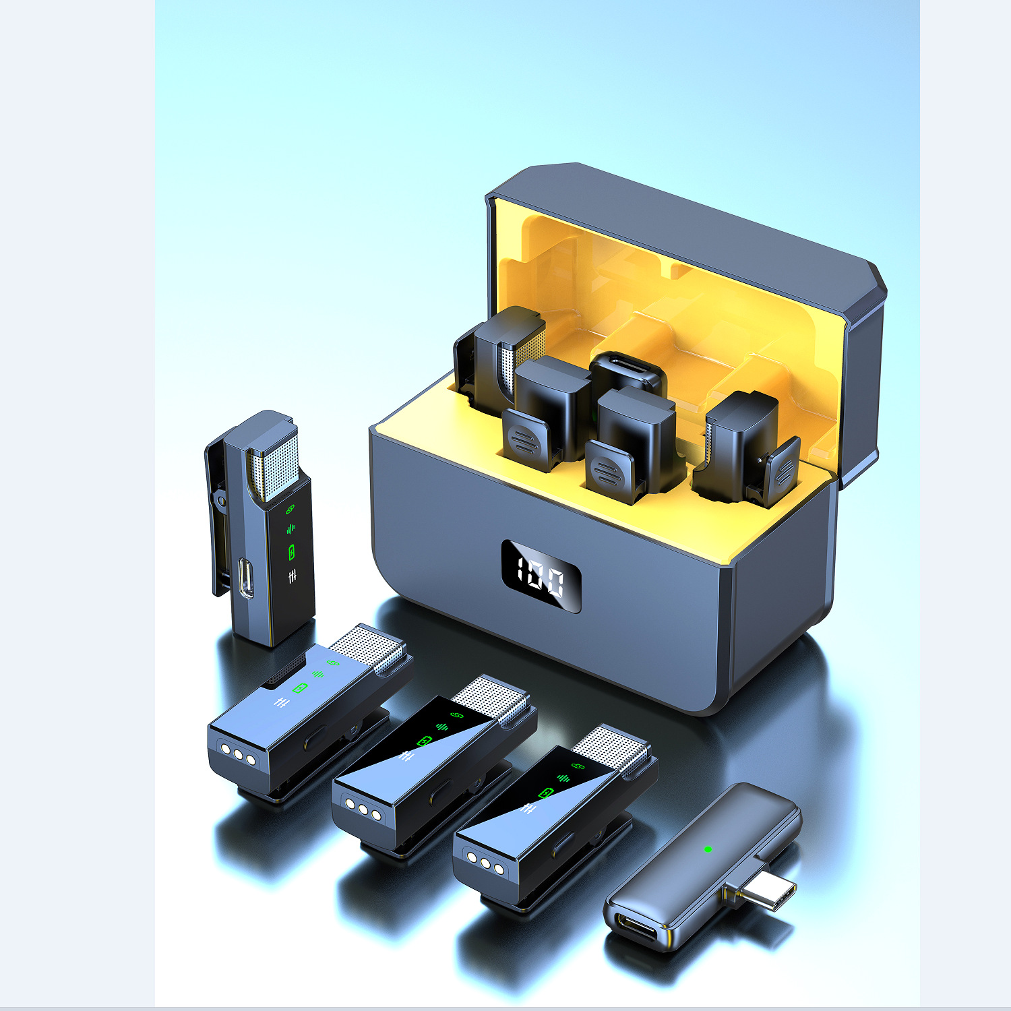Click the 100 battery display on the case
(x=541, y=576)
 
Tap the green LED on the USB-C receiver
(x=708, y=849)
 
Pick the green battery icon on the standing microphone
(x=291, y=552)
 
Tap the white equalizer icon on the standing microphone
(x=292, y=577)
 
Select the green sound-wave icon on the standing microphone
(x=290, y=528)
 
